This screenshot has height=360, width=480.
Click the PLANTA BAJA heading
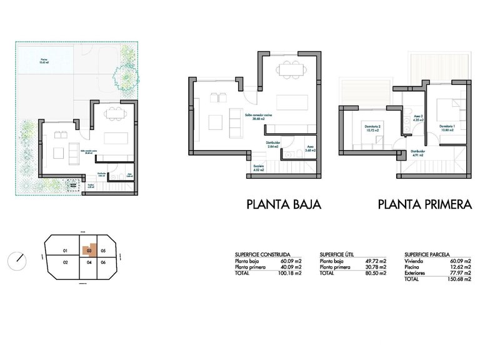[284, 204]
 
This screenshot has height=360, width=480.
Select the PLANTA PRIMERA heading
[424, 204]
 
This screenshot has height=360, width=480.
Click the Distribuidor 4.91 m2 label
[417, 152]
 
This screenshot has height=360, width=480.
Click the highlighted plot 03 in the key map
[89, 251]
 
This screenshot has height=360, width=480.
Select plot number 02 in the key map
[65, 262]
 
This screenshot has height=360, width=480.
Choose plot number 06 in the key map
[104, 262]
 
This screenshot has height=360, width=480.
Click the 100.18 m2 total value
[290, 272]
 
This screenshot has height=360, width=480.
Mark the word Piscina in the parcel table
[412, 267]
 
